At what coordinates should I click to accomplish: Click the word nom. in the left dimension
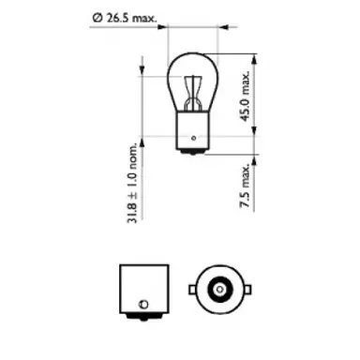pos(134,161)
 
